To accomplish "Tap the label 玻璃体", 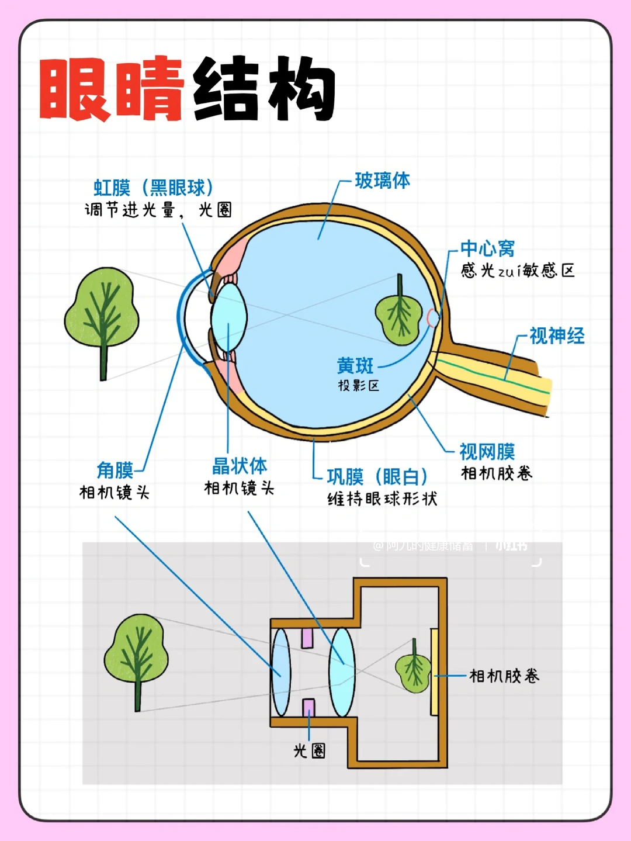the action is click(x=382, y=181).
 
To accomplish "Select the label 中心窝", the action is click(x=487, y=248).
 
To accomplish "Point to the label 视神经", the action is click(x=556, y=336).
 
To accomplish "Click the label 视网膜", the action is click(x=487, y=452).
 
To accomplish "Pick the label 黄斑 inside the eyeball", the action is click(x=355, y=366).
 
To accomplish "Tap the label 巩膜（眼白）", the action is click(x=377, y=477).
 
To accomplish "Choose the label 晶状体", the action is click(x=240, y=466).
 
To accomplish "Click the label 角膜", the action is click(x=115, y=470).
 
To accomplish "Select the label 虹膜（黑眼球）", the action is click(x=154, y=188).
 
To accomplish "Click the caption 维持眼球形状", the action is click(x=382, y=499).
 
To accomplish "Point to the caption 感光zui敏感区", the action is click(x=518, y=270).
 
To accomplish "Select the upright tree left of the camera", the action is click(x=137, y=658).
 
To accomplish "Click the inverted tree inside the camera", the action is click(x=414, y=667).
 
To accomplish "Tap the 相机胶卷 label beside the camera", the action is click(x=504, y=676).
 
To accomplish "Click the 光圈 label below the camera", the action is click(x=309, y=750).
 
